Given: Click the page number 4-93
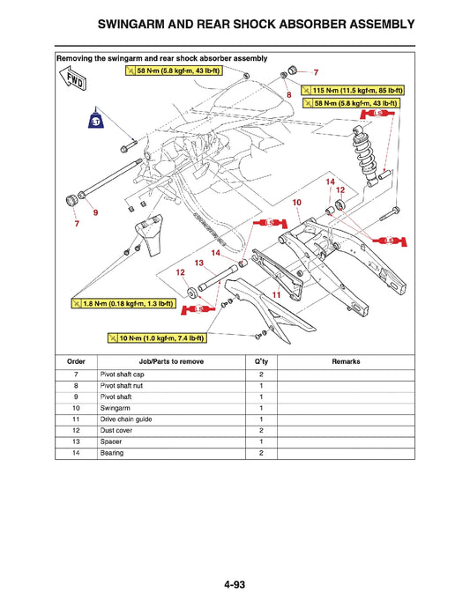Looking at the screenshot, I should coord(235,582).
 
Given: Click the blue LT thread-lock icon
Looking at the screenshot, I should coord(98,122).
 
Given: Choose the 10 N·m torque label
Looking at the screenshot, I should coord(157,337).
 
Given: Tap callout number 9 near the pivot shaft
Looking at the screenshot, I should coord(95,212).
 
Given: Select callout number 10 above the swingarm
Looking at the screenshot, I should coord(296,202).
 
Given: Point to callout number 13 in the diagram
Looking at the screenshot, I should coord(199,263).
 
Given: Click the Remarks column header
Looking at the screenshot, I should coord(346,361).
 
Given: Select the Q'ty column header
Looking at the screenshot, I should coord(261,361).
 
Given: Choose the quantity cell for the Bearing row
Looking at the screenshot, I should coord(261,453).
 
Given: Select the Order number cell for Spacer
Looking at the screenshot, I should coord(77,441).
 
